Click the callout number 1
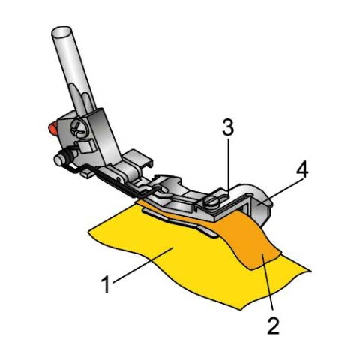[106, 284]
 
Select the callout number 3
[228, 127]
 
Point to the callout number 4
[301, 170]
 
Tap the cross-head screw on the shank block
[79, 128]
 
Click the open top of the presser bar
[61, 31]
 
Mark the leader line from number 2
[267, 284]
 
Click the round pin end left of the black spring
[58, 160]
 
